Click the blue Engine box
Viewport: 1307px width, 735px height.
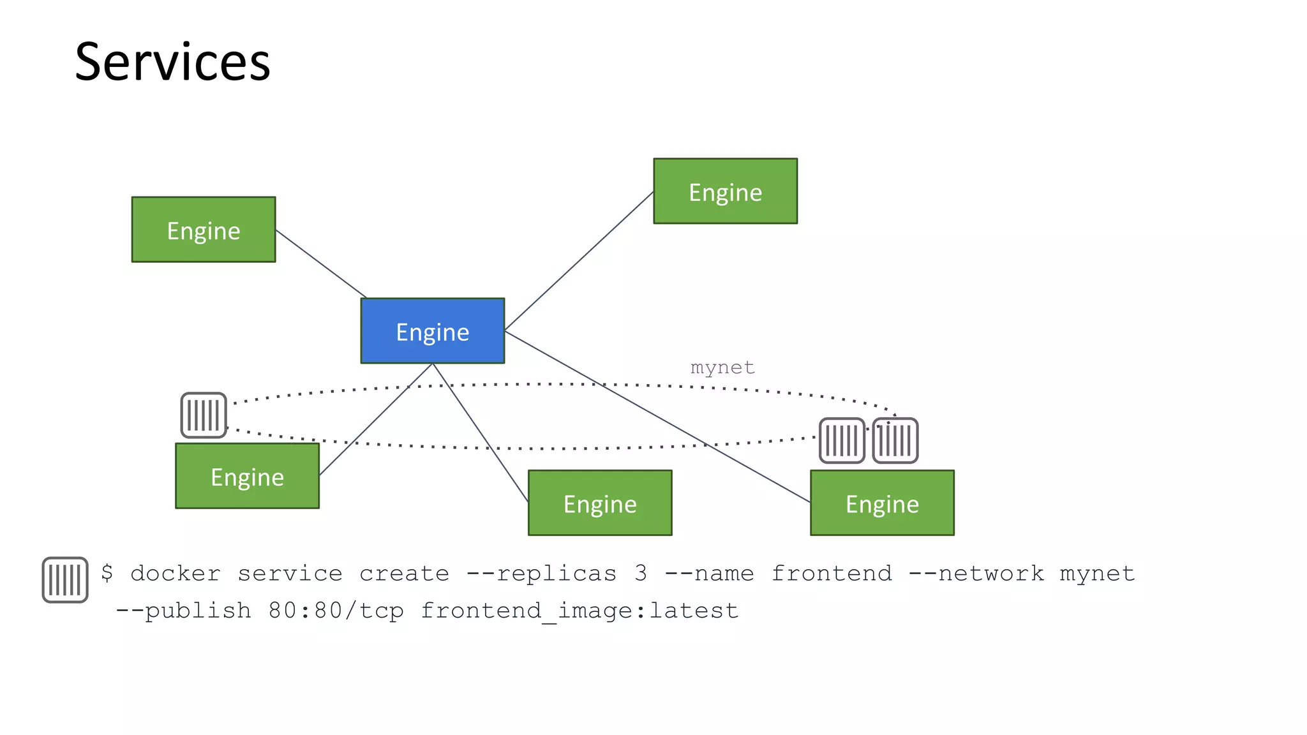[433, 331]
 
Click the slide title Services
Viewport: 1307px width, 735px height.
[172, 62]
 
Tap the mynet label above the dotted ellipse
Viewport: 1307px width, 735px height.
[722, 367]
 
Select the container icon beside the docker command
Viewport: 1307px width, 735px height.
[65, 580]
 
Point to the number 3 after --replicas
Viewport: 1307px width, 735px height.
[641, 574]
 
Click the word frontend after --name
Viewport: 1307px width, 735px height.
[832, 574]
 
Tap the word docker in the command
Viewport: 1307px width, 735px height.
[176, 574]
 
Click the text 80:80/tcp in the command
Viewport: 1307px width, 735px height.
[336, 611]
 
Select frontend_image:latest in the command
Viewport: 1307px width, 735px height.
[579, 611]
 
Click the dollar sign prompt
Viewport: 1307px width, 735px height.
[107, 573]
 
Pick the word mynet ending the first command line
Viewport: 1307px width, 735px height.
[1097, 574]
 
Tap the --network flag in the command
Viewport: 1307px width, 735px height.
[976, 574]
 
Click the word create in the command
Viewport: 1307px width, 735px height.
[404, 574]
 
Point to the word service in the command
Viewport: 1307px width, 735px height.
[290, 574]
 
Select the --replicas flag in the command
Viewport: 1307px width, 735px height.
[542, 574]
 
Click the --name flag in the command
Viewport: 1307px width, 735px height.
[709, 574]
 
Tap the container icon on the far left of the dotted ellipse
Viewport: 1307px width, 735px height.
[204, 415]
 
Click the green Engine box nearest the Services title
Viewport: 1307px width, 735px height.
[204, 230]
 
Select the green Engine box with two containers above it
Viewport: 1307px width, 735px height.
[882, 503]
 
